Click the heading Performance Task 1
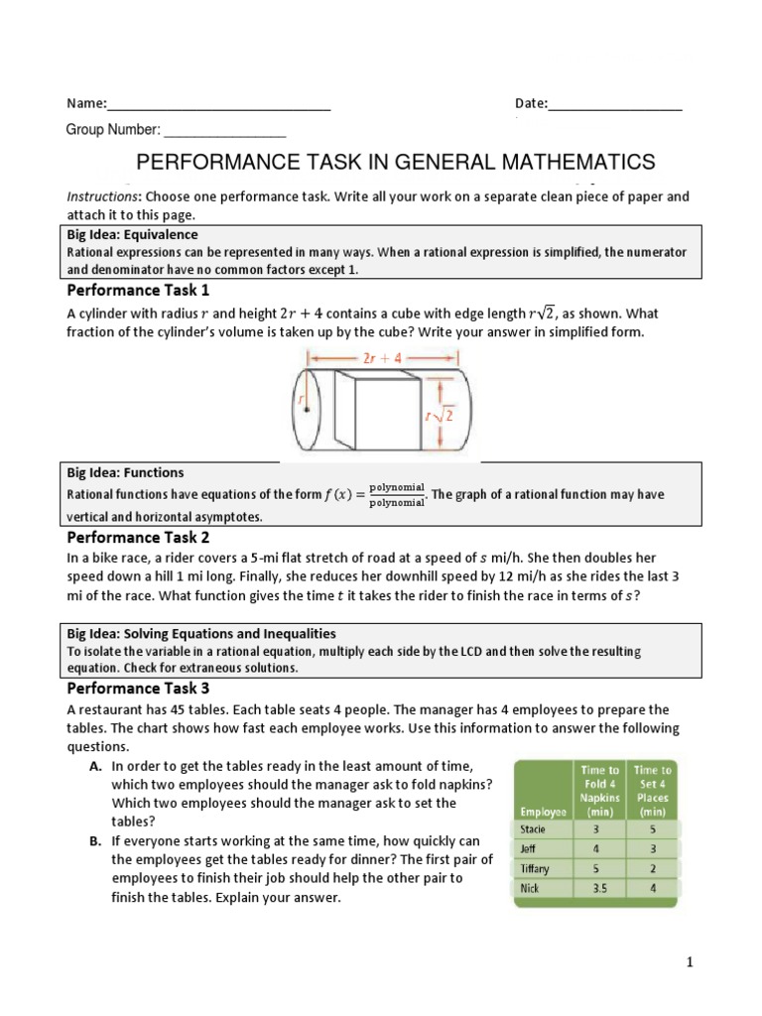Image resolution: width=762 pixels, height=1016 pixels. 138,291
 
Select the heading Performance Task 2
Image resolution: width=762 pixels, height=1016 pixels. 138,538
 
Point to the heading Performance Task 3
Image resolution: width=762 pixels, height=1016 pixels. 138,688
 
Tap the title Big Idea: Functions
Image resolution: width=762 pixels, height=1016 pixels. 125,473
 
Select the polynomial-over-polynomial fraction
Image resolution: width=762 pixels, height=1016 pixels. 396,494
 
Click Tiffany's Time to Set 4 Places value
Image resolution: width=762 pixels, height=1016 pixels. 651,869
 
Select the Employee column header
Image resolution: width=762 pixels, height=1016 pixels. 541,811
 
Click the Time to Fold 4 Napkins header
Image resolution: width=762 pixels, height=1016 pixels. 598,790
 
